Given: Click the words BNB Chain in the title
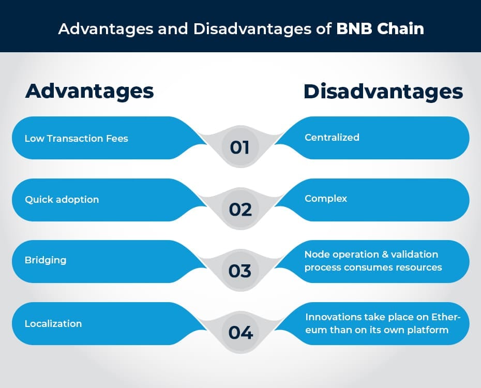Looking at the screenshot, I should pos(380,28).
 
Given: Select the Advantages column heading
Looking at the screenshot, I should pos(89,91).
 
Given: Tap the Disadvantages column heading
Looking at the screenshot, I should pos(383,91).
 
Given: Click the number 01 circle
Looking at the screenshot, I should pos(240,147).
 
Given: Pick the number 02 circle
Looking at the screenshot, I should pos(240,209).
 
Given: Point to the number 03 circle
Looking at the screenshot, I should pos(240,271).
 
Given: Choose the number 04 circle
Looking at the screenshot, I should pos(240,333).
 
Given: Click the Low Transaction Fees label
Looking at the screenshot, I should pos(76,138).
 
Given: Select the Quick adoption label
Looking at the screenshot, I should pos(62,199).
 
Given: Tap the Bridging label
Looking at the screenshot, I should pos(46,260).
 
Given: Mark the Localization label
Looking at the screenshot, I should pos(53,323).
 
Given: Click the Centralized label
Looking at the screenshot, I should pos(332,137).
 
